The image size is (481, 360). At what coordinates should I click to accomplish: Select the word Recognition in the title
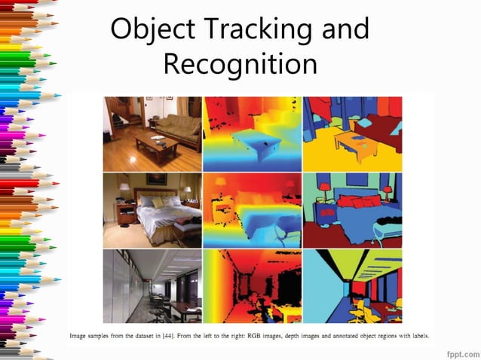point(240,65)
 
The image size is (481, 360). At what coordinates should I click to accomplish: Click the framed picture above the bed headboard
point(157,179)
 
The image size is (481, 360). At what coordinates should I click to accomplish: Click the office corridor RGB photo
point(152,287)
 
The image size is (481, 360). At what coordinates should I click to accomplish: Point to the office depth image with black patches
point(252,287)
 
